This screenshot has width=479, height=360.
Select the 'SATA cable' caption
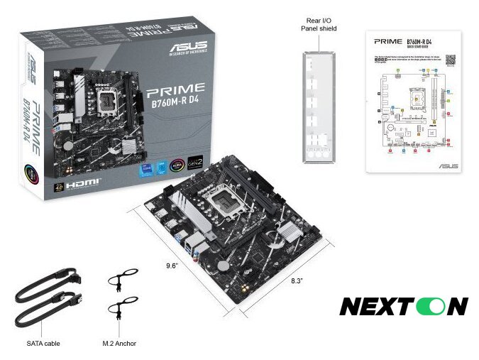pos(44,343)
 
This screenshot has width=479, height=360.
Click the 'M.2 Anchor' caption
pos(119,343)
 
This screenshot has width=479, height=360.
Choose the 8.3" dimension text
pos(297,282)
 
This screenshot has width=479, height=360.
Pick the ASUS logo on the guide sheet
pos(447,165)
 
